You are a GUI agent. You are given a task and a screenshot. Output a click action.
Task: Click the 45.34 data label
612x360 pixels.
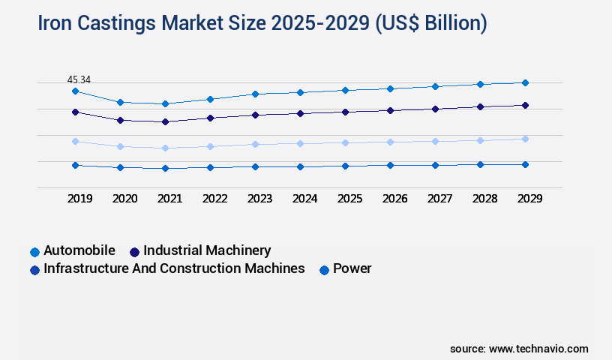point(79,79)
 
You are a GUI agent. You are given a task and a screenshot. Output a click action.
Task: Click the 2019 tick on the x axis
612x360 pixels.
point(79,199)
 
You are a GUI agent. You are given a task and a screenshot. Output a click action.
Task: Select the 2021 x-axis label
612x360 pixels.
point(169,199)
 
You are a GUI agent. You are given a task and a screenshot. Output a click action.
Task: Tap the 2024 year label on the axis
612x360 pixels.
point(304,199)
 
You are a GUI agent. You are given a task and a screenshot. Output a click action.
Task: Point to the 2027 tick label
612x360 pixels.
point(439,199)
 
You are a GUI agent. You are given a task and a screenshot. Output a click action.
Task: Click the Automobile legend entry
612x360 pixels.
point(79,250)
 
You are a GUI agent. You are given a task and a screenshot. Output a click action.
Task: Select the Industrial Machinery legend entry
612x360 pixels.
point(206,250)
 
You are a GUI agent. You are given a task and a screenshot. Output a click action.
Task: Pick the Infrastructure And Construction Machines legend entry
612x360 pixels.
point(174,268)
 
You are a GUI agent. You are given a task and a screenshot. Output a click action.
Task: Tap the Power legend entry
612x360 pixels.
point(352,268)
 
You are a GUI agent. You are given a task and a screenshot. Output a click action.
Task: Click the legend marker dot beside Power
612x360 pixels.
point(324,269)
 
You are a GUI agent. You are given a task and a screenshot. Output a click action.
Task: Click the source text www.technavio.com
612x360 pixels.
point(538,349)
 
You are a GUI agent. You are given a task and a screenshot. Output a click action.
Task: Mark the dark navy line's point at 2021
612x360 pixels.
point(165,121)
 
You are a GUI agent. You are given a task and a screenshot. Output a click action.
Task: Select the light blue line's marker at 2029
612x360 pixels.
point(525,139)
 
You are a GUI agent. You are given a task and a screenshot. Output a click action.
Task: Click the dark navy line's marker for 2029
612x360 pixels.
point(525,105)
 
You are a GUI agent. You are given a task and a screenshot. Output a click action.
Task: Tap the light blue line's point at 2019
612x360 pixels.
point(75,141)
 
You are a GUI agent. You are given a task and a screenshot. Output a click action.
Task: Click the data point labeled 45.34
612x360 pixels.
point(75,91)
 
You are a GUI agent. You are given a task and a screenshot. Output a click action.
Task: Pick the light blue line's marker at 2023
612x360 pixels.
point(255,144)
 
